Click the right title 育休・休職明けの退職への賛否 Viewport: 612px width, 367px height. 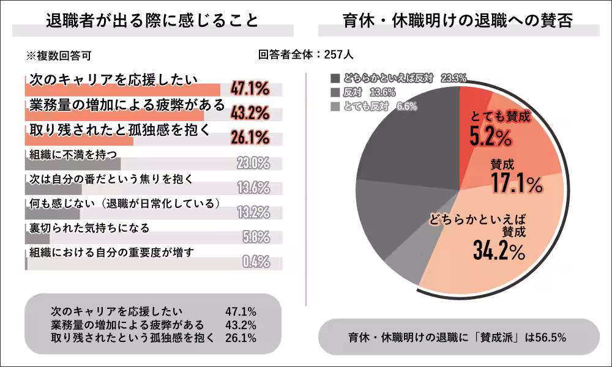click(458, 21)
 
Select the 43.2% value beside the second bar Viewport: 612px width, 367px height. click(250, 113)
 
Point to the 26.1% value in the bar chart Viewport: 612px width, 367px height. click(250, 138)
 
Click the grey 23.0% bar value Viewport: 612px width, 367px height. click(253, 163)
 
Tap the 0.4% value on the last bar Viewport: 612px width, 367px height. click(256, 262)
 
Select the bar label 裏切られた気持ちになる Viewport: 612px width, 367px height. click(89, 228)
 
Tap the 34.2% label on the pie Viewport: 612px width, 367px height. click(499, 250)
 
